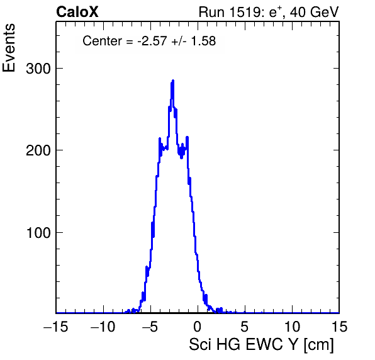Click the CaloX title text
tap(77, 12)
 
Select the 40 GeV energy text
tap(315, 12)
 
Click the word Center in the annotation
tap(102, 41)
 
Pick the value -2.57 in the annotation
tap(152, 41)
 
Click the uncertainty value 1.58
tap(203, 41)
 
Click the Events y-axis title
tap(9, 48)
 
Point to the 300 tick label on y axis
tap(38, 69)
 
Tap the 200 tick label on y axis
tap(38, 150)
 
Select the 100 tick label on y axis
tap(38, 233)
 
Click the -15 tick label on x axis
tap(56, 327)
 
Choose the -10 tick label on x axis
tap(103, 327)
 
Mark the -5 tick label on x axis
tap(150, 327)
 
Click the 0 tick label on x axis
tap(198, 327)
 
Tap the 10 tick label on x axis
tap(292, 327)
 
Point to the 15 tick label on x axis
tap(339, 327)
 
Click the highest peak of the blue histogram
tap(173, 81)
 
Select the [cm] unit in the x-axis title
tap(318, 345)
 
